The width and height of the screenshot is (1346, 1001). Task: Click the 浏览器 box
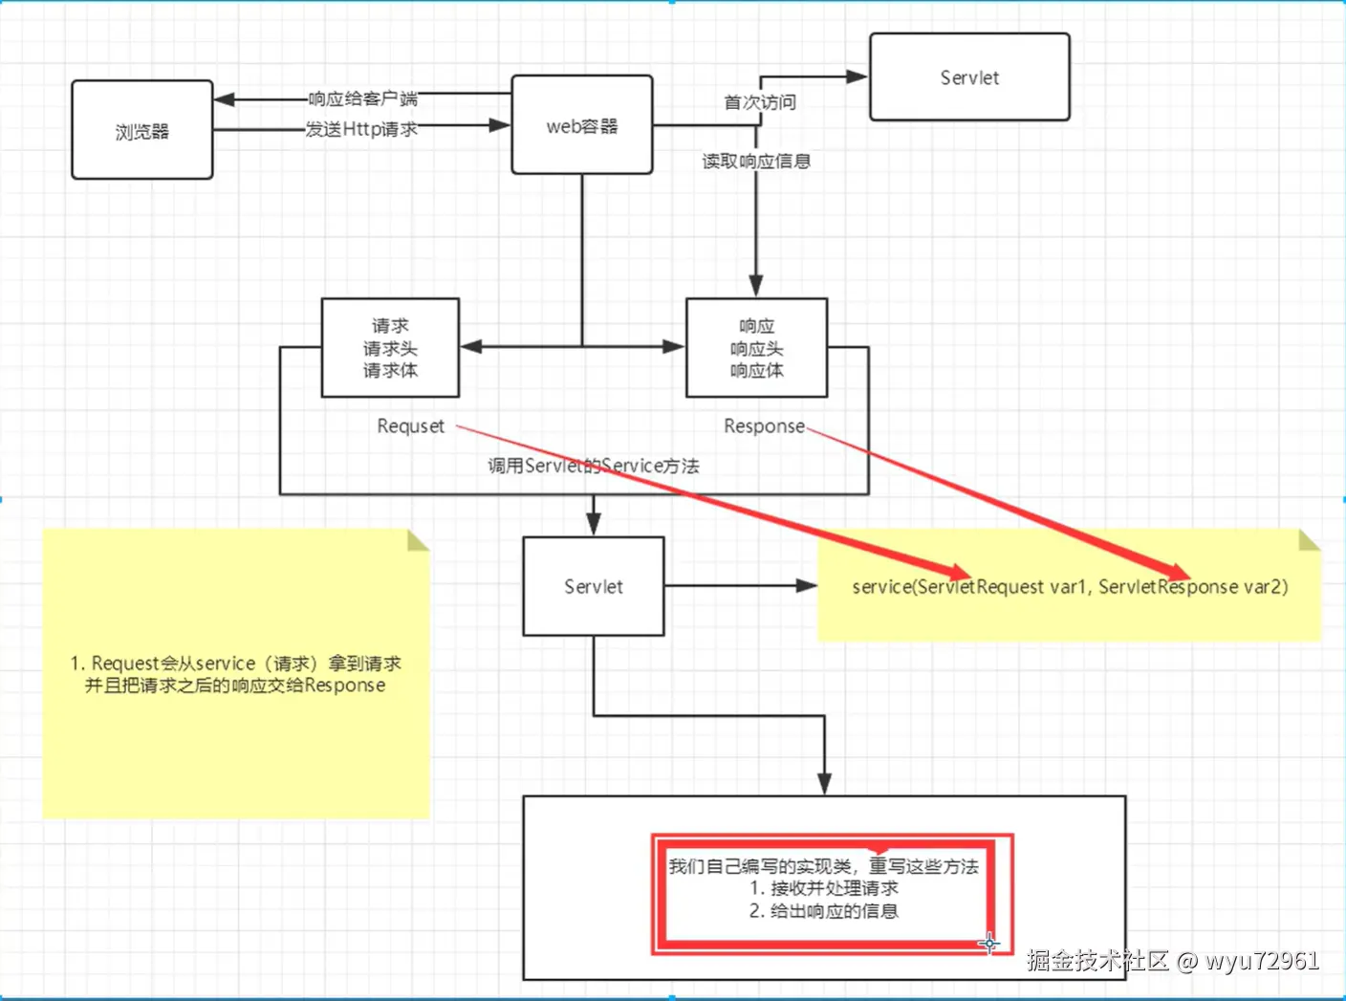141,130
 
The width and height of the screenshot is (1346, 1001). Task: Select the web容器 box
581,125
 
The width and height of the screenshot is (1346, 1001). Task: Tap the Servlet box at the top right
968,77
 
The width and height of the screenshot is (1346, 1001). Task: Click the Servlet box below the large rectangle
593,586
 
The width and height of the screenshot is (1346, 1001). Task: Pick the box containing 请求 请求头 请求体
390,347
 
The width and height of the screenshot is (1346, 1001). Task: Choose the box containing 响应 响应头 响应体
756,347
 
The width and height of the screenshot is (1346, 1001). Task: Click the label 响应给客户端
362,98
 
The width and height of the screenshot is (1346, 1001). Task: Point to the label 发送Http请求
361,129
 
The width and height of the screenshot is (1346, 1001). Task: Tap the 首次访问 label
760,102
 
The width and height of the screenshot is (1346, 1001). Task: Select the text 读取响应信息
756,162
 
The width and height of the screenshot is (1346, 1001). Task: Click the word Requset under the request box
410,426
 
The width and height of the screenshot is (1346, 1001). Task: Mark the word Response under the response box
764,426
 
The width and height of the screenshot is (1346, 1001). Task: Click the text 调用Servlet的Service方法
593,467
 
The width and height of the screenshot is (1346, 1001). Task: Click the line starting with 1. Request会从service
235,664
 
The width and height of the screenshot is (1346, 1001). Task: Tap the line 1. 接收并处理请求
823,888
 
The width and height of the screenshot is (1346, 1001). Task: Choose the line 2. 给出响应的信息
823,911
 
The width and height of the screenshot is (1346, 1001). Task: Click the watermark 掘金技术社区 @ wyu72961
1173,960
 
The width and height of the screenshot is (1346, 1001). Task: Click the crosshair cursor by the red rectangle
988,944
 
